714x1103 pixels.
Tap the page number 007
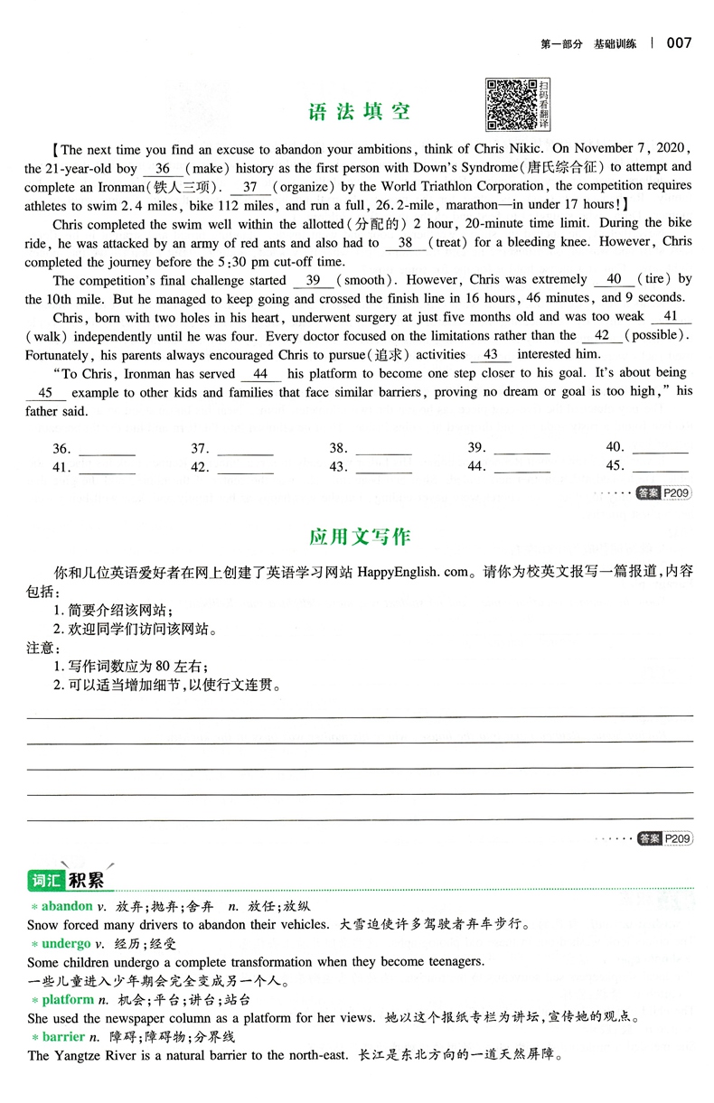point(679,42)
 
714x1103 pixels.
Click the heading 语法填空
point(360,111)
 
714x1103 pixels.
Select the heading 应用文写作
point(360,537)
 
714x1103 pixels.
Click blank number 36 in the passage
point(163,168)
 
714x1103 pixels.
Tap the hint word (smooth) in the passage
point(361,280)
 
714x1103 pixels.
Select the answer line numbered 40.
point(663,448)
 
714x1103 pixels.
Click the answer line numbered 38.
point(385,448)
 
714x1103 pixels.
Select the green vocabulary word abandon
point(66,905)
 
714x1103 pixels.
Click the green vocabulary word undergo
point(66,943)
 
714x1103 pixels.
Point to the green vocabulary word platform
point(67,999)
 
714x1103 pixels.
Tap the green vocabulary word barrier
point(63,1036)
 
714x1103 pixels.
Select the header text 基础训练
point(615,43)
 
